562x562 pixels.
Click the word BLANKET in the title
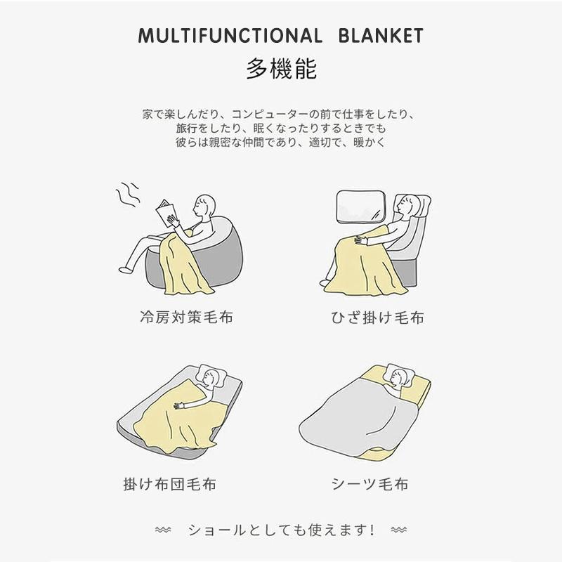coord(380,36)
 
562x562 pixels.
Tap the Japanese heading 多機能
coord(281,69)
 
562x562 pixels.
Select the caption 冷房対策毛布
coord(185,318)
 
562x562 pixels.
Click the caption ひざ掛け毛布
coord(377,318)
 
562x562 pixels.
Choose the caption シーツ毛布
coord(370,484)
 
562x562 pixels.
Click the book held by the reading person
coord(168,211)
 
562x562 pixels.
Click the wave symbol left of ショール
coord(163,528)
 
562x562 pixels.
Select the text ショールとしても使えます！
coord(281,529)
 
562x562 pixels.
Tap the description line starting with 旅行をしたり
coord(281,129)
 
